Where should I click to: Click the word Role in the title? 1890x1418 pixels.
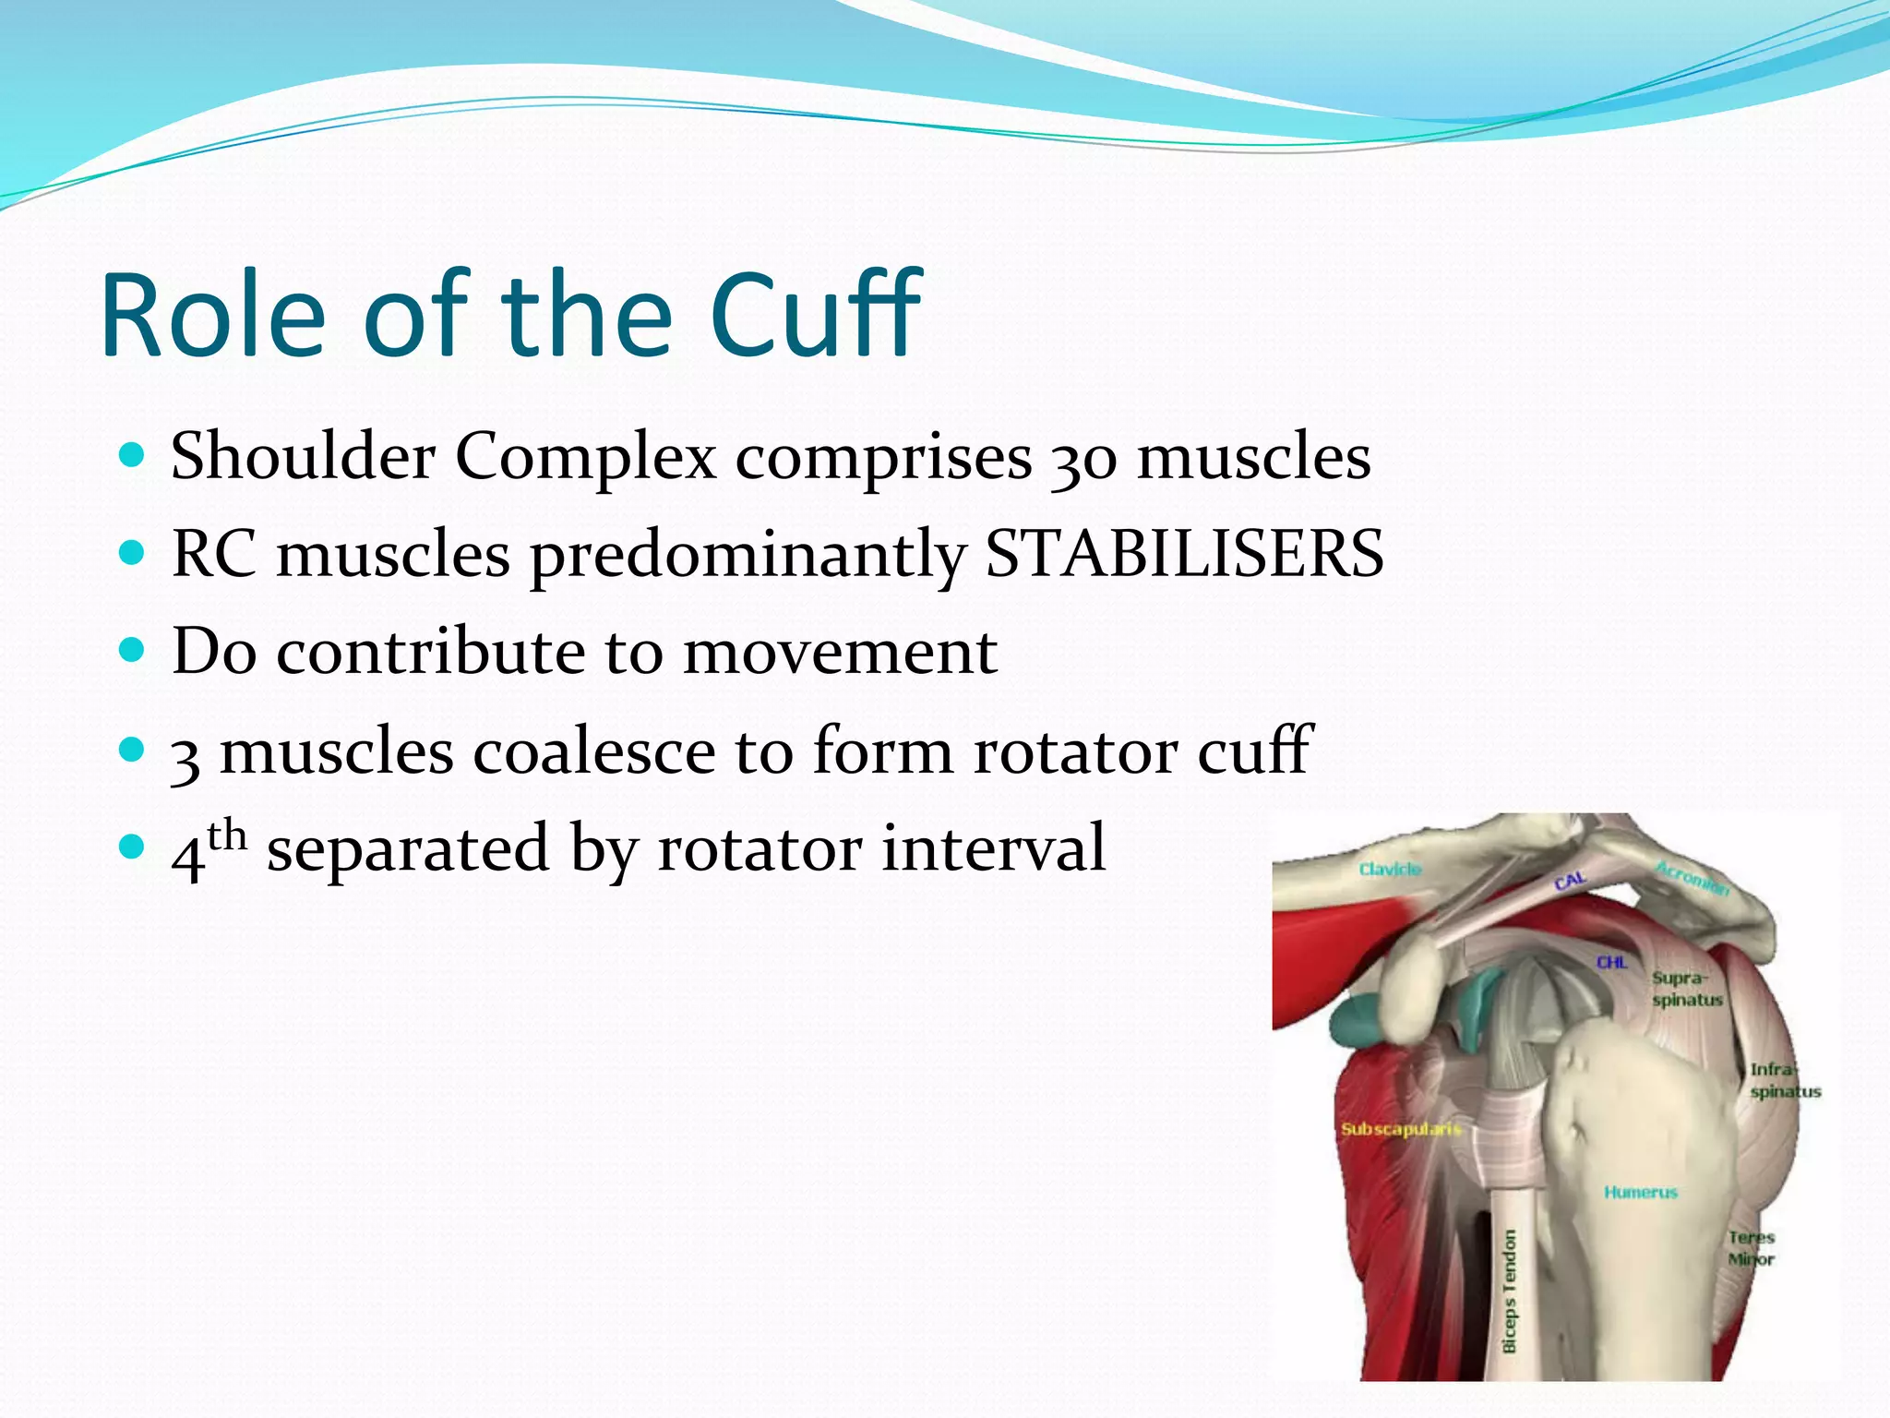(213, 316)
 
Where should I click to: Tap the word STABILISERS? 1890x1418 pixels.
(1185, 554)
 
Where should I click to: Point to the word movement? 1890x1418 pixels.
(840, 652)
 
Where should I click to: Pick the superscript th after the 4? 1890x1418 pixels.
(227, 836)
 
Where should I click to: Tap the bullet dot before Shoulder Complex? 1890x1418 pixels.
(133, 455)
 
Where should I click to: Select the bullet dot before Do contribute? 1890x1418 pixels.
(133, 651)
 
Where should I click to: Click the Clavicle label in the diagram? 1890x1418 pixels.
(1390, 870)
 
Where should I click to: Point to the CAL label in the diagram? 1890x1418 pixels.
(1570, 882)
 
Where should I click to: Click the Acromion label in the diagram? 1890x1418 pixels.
(1692, 878)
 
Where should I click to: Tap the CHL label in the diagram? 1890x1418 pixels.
(1612, 963)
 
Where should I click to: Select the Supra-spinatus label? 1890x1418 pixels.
(1686, 989)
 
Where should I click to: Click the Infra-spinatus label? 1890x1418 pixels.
(1784, 1081)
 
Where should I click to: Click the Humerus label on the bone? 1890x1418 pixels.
(1640, 1193)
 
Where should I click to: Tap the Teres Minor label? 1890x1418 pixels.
(1751, 1248)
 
